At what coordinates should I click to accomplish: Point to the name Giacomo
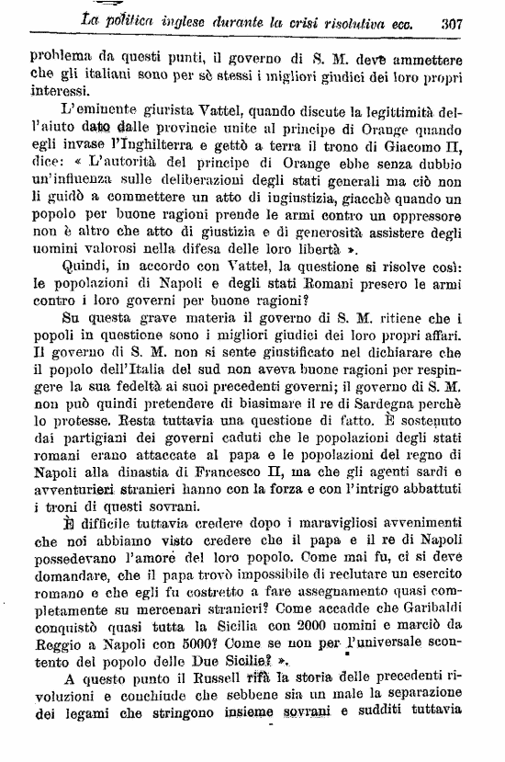410,153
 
